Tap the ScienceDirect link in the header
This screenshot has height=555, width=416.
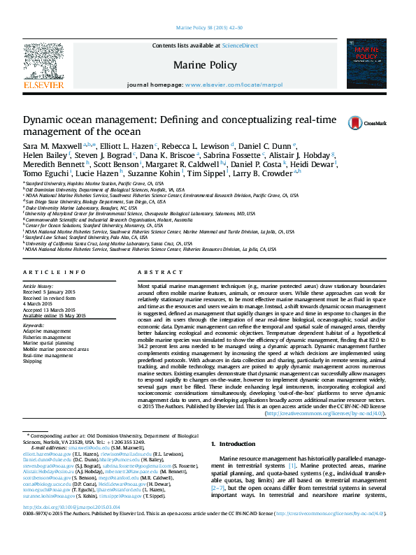click(240, 45)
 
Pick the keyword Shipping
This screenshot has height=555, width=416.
click(33, 361)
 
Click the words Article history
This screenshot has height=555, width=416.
click(39, 287)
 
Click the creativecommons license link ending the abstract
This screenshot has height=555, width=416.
click(326, 414)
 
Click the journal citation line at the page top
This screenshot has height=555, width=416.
click(208, 28)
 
